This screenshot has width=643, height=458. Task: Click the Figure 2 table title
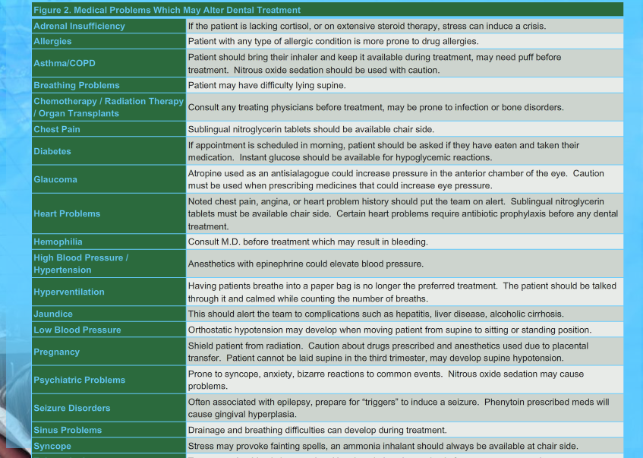pyautogui.click(x=167, y=10)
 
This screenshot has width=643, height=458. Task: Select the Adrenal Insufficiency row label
pyautogui.click(x=79, y=26)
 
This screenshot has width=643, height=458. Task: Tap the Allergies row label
pyautogui.click(x=52, y=41)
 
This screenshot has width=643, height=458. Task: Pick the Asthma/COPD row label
pyautogui.click(x=65, y=63)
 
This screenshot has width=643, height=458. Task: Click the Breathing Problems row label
pyautogui.click(x=76, y=85)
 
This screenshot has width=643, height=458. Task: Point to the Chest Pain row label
pyautogui.click(x=56, y=129)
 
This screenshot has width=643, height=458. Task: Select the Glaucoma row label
pyautogui.click(x=55, y=179)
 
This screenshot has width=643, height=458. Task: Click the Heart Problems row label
pyautogui.click(x=66, y=213)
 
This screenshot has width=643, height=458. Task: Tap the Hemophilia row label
pyautogui.click(x=58, y=242)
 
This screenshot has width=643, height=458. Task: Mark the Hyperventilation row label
pyautogui.click(x=68, y=292)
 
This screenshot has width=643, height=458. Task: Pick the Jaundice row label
pyautogui.click(x=53, y=314)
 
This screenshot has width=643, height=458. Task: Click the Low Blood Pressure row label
pyautogui.click(x=77, y=330)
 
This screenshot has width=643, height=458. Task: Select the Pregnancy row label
pyautogui.click(x=56, y=352)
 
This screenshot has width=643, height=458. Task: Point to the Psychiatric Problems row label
pyautogui.click(x=79, y=380)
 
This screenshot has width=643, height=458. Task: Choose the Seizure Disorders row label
pyautogui.click(x=71, y=408)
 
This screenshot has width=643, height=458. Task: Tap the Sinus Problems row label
pyautogui.click(x=67, y=430)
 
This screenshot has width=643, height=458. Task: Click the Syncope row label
pyautogui.click(x=52, y=446)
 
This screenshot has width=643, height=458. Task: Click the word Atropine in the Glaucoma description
pyautogui.click(x=205, y=174)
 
